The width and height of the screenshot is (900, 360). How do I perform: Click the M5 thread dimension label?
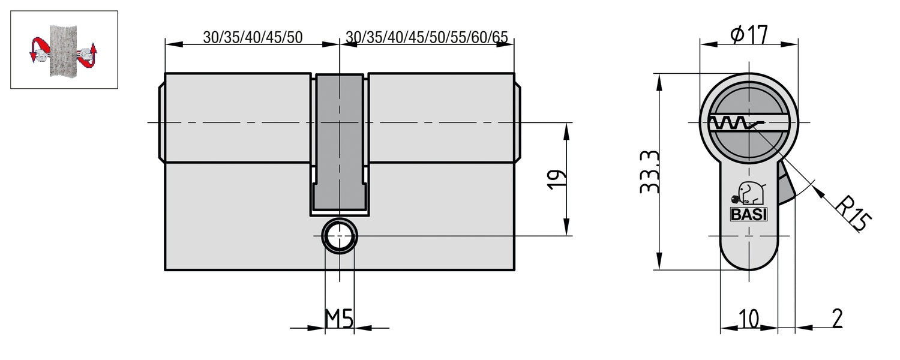339,320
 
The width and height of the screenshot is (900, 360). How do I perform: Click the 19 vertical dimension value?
556,179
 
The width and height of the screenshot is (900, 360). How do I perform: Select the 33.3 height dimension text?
650,172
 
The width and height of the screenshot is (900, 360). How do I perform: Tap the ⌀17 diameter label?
749,35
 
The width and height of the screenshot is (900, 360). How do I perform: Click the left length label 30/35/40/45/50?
253,37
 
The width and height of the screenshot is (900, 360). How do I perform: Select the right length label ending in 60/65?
427,37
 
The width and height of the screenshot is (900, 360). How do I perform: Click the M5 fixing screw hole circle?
340,236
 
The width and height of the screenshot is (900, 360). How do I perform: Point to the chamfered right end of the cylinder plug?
517,123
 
